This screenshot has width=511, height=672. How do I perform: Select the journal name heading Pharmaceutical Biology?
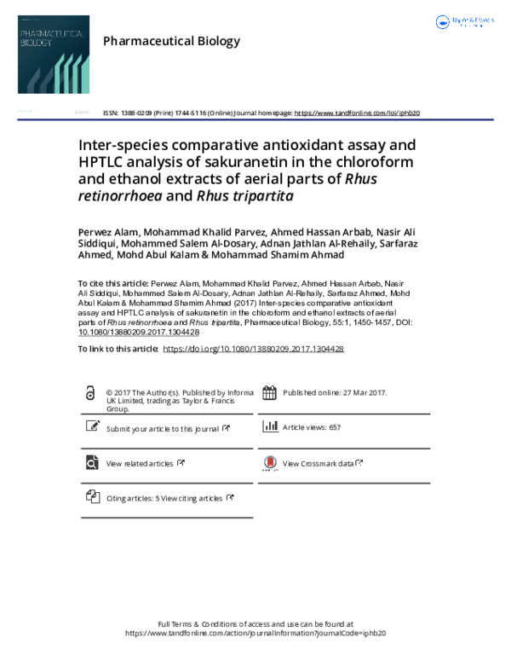pyautogui.click(x=170, y=41)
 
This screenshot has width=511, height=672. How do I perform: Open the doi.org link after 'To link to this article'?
pyautogui.click(x=252, y=349)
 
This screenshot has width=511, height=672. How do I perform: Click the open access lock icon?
pyautogui.click(x=90, y=394)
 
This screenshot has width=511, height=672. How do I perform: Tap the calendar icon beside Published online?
pyautogui.click(x=269, y=393)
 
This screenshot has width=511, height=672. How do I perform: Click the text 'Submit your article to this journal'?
pyautogui.click(x=163, y=429)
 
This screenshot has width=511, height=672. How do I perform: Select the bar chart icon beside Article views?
pyautogui.click(x=270, y=426)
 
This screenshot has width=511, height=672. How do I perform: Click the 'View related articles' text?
pyautogui.click(x=140, y=464)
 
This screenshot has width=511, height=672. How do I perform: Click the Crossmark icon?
pyautogui.click(x=269, y=463)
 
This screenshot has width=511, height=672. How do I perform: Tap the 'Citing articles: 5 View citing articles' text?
pyautogui.click(x=164, y=498)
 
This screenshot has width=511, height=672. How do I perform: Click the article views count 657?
pyautogui.click(x=334, y=427)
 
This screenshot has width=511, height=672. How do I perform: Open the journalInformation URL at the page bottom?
pyautogui.click(x=255, y=634)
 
